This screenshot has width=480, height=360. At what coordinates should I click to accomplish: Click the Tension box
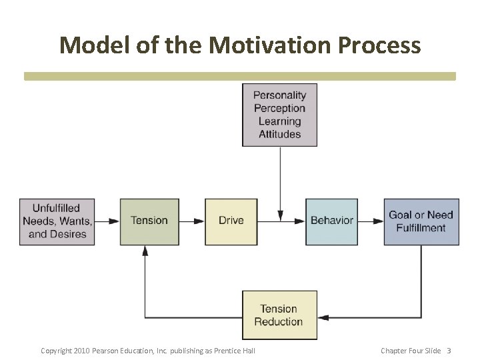coord(149,221)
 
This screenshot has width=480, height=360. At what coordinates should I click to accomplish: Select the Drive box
coord(231,221)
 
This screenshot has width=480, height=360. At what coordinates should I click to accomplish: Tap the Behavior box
coord(331,221)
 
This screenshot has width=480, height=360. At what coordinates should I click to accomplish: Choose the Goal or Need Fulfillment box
coord(421,221)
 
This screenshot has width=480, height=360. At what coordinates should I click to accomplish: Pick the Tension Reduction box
coord(279,315)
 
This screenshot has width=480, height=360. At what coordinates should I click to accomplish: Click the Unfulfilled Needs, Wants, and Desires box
coord(57,221)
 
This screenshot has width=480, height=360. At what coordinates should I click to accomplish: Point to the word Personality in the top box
coord(279,95)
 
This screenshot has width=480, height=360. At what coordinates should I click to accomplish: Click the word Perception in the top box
coord(279,108)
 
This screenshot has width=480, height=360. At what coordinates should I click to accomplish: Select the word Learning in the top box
coord(279,121)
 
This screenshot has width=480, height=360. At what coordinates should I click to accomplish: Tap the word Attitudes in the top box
coord(279,134)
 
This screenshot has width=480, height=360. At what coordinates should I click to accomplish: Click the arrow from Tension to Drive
coord(192,221)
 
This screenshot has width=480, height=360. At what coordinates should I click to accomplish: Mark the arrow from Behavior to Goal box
coord(371,221)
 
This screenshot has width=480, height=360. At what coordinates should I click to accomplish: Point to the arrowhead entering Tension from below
coord(145,251)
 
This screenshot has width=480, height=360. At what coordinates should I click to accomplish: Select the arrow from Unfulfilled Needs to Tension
coord(107,221)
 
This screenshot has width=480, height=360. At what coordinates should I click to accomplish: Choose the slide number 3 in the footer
coord(449,351)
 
